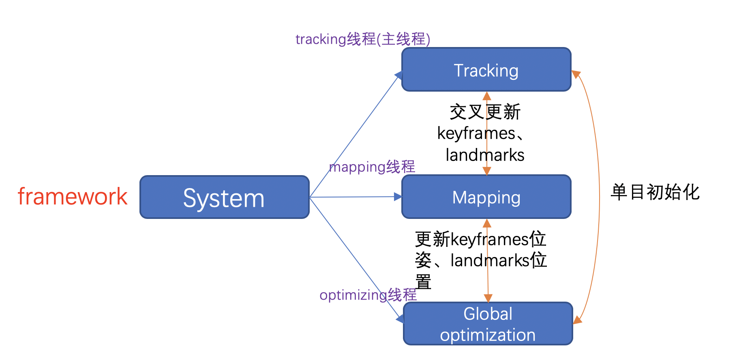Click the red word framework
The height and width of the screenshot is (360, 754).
[x=73, y=197]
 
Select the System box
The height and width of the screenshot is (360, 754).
[x=224, y=197]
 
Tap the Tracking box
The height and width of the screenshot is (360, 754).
[x=486, y=70]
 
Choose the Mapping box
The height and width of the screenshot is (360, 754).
[x=486, y=197]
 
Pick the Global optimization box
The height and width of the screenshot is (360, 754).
[x=488, y=324]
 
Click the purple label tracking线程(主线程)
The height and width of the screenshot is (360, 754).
[x=362, y=39]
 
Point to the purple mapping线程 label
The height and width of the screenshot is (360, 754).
[x=372, y=167]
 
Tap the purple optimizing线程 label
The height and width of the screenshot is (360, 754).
[x=368, y=295]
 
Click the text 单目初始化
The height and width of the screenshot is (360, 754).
[x=655, y=192]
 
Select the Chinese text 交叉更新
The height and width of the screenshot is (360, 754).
[x=485, y=112]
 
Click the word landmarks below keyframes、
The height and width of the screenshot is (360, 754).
[x=485, y=155]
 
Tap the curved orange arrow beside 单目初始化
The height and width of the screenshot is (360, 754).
[x=599, y=195]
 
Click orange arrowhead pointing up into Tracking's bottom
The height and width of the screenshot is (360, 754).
[x=487, y=96]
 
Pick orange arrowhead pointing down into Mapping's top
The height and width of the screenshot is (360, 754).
[x=487, y=171]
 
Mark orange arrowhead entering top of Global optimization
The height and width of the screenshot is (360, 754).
[x=488, y=298]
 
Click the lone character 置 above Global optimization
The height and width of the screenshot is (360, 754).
[x=423, y=282]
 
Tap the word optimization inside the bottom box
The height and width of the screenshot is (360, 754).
[x=488, y=335]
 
